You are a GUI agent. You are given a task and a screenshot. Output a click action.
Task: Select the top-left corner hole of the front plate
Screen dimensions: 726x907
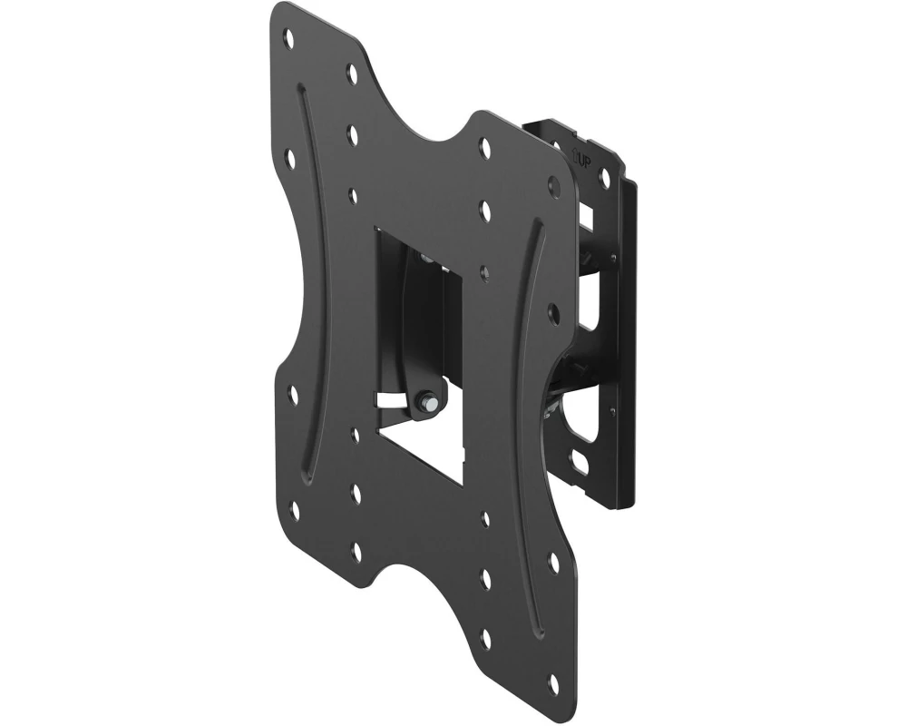pyautogui.click(x=289, y=39)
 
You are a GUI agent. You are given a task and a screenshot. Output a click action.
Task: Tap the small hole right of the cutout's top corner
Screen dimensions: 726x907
pyautogui.click(x=484, y=271)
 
